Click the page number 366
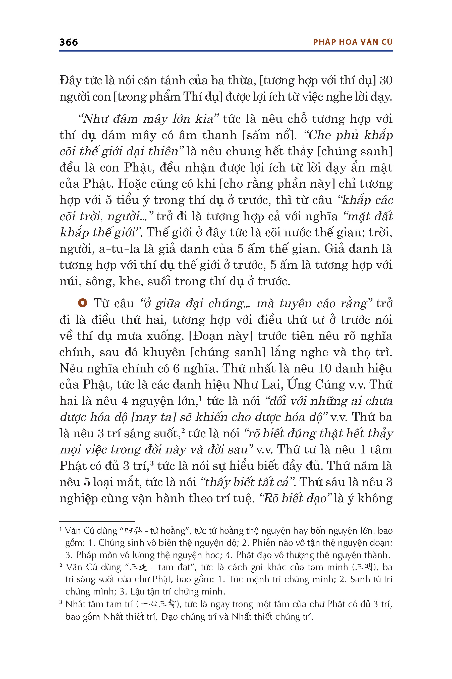click(69, 43)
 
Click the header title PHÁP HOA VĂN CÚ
click(353, 42)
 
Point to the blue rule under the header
click(226, 51)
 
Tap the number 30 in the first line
click(386, 80)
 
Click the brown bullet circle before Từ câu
click(82, 303)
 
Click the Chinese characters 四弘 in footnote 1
click(133, 531)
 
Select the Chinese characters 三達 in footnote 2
click(138, 567)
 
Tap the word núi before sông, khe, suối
click(68, 281)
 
